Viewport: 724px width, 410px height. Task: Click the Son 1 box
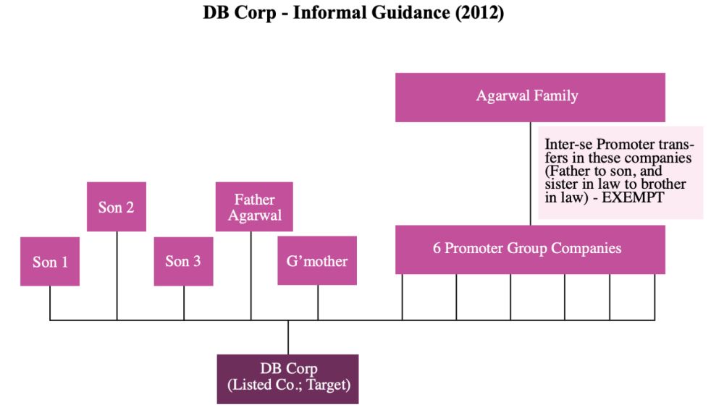(x=50, y=261)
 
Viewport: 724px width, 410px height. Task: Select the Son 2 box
(x=117, y=207)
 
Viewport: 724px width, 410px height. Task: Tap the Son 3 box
(x=183, y=261)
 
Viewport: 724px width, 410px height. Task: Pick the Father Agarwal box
(x=254, y=207)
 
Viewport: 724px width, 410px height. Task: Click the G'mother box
(x=317, y=260)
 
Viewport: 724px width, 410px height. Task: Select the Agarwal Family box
(x=530, y=97)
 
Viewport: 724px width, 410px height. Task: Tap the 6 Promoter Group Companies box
(x=530, y=249)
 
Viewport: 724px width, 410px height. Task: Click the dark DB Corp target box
(x=288, y=378)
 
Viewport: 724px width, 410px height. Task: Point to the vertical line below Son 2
(x=117, y=275)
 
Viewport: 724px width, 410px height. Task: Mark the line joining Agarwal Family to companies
(x=531, y=174)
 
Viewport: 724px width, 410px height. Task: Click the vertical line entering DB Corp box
(x=288, y=337)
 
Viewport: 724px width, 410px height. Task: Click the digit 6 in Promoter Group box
(x=437, y=249)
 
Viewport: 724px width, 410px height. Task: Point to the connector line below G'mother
(x=318, y=302)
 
